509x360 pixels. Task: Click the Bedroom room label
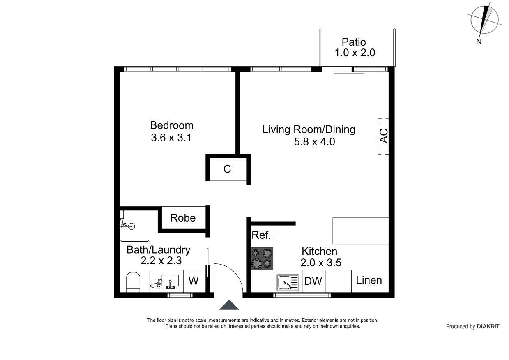[171, 125]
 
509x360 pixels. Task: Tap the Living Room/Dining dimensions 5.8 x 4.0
[308, 142]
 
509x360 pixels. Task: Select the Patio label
[353, 42]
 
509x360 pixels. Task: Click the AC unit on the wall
[383, 136]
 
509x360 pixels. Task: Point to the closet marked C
[227, 169]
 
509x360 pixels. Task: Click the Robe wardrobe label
[183, 218]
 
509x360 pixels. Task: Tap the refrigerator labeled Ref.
[261, 235]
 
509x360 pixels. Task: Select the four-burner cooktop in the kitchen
[262, 258]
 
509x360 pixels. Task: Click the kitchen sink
[288, 283]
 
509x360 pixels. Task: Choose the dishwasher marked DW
[313, 282]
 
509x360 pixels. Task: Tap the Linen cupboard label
[369, 280]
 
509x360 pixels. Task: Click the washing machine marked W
[193, 282]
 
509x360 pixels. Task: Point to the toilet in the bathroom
[133, 282]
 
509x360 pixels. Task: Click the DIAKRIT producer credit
[472, 327]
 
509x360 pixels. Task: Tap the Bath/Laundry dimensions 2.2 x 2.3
[161, 261]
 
